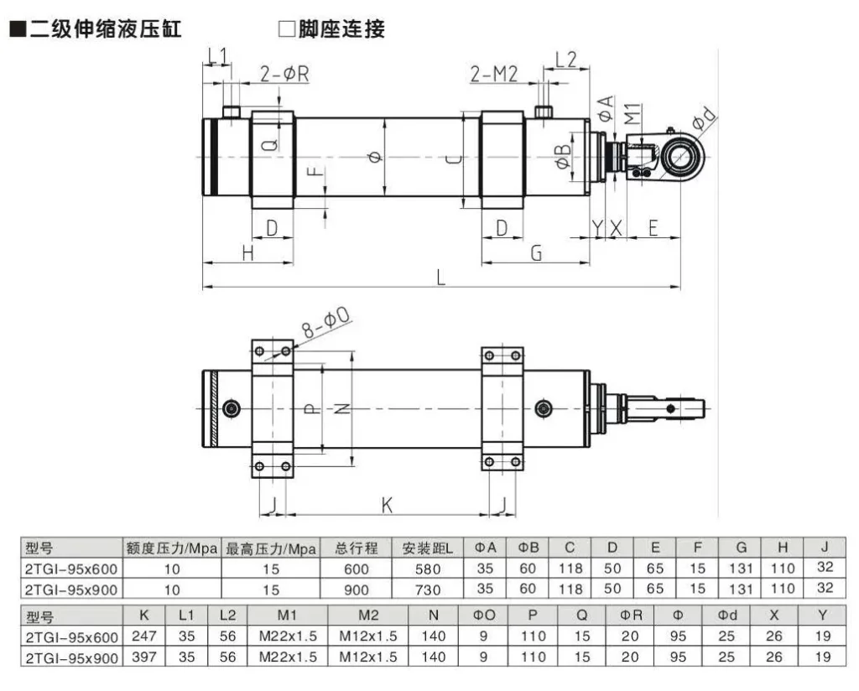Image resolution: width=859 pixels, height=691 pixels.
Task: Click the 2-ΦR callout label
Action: tap(284, 74)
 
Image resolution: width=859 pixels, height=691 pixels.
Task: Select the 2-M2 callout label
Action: tap(495, 74)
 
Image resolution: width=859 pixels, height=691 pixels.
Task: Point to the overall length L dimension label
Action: tap(440, 277)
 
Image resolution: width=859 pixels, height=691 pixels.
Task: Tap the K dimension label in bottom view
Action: tap(387, 505)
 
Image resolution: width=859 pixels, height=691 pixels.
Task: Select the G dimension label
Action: tap(537, 252)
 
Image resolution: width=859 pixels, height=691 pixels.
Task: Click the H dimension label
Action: tap(247, 252)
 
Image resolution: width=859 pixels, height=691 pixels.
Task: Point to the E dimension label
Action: tap(653, 227)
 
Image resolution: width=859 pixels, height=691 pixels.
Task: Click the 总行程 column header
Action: tap(357, 549)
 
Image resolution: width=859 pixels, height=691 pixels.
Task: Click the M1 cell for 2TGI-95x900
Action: tap(288, 657)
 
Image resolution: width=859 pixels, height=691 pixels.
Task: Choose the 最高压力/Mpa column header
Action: tap(270, 549)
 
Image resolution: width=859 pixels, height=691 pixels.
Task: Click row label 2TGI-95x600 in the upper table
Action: tap(72, 569)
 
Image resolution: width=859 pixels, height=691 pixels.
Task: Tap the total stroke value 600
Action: tap(357, 569)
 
